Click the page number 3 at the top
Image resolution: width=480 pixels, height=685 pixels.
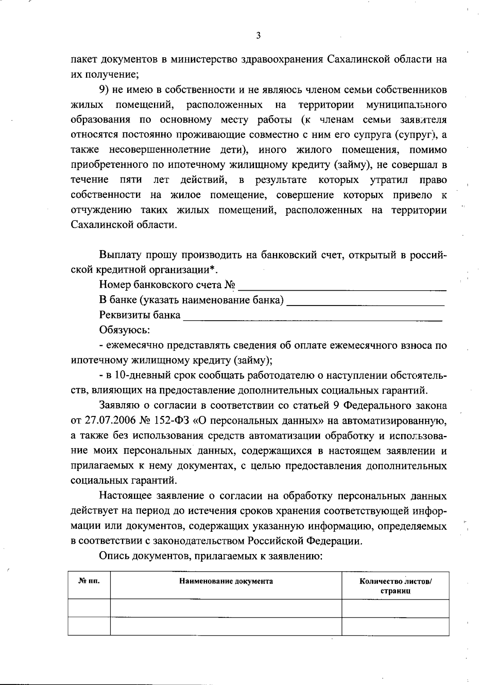pyautogui.click(x=258, y=36)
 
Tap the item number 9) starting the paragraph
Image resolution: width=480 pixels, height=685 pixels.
pyautogui.click(x=105, y=90)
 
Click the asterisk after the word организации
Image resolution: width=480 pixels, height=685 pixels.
pyautogui.click(x=213, y=269)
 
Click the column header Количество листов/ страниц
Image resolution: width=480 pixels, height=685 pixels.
pyautogui.click(x=395, y=586)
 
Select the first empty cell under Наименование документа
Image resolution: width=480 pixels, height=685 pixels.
pyautogui.click(x=226, y=608)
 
